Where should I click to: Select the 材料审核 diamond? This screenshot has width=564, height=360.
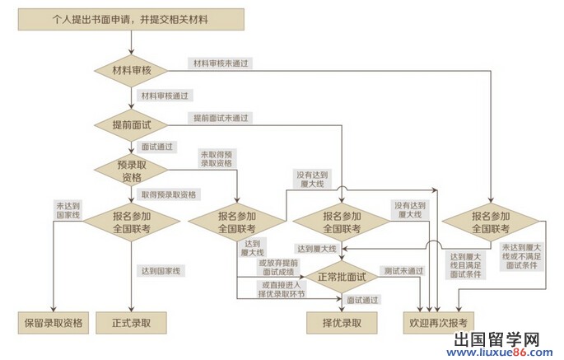(132, 70)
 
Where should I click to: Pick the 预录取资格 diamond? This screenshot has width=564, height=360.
(132, 171)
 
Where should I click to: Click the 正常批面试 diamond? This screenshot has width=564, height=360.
(341, 276)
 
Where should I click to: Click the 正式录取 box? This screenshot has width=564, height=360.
(131, 322)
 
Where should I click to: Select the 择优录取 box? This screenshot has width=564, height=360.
(342, 322)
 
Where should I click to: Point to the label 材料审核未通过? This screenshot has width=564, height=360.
(221, 63)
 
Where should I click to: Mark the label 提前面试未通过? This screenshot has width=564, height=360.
(221, 118)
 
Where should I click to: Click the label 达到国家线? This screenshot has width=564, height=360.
(161, 270)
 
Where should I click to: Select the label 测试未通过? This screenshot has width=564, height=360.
(403, 270)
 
